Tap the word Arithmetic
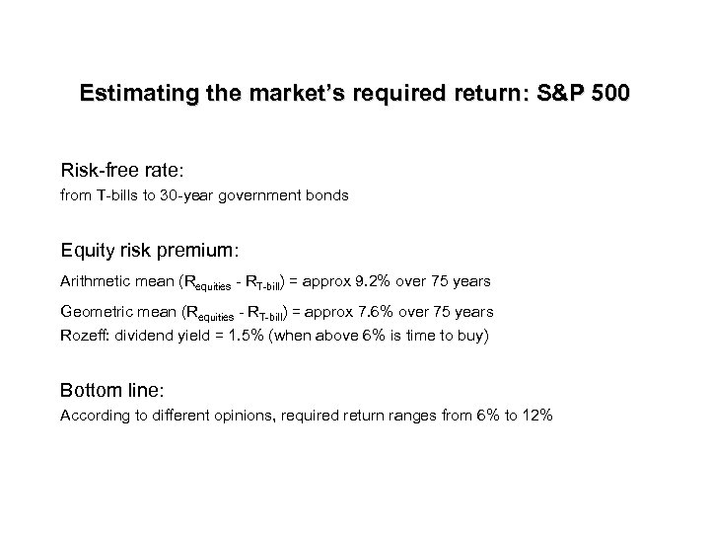97,281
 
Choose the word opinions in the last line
241,416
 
